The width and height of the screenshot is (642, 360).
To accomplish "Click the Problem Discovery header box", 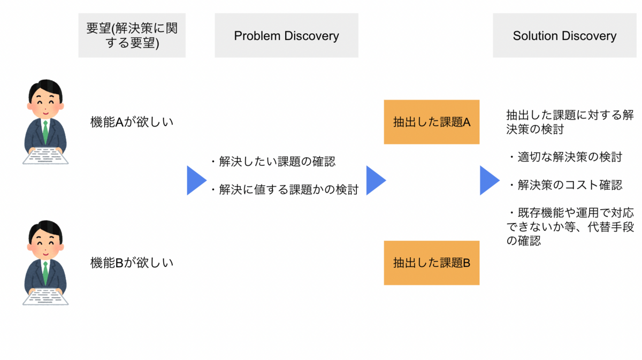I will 286,36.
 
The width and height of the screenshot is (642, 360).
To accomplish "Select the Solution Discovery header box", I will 564,36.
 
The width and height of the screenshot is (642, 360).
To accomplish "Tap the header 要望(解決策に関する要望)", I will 132,36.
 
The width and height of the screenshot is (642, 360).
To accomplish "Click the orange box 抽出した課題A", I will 431,122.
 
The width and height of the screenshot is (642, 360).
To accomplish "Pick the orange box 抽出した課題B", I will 431,263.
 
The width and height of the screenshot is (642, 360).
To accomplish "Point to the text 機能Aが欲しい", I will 132,122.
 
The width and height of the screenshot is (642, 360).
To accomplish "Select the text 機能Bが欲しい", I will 132,263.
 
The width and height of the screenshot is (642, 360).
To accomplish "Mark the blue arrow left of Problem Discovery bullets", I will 196,180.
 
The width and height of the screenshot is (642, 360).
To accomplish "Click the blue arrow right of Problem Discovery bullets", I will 375,180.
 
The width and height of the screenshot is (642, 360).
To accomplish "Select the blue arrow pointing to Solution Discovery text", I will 488,180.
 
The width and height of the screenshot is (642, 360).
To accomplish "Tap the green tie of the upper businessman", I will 46,131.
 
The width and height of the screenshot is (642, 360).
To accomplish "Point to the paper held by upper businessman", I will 46,156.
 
